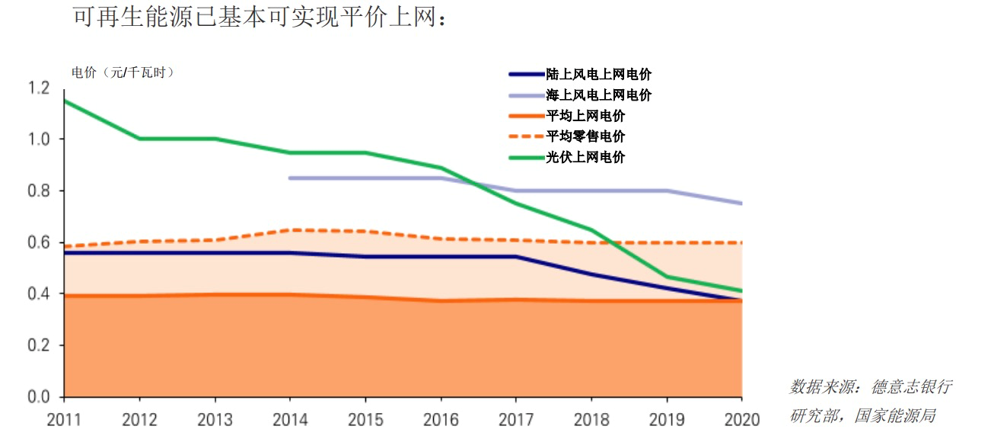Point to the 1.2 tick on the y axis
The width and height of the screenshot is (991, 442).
(38, 88)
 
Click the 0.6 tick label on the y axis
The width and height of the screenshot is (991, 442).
(38, 242)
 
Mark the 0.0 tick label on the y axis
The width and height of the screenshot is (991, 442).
(38, 397)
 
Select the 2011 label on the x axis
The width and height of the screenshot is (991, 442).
(64, 419)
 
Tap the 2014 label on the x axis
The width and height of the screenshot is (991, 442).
(290, 419)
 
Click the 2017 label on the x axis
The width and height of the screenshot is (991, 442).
(515, 419)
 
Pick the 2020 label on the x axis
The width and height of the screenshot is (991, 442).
(742, 419)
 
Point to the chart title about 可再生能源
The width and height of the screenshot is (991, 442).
(258, 16)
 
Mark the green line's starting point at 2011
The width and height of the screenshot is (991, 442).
(65, 101)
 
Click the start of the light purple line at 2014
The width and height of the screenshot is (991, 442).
(290, 178)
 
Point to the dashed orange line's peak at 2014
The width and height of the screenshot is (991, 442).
(290, 229)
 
